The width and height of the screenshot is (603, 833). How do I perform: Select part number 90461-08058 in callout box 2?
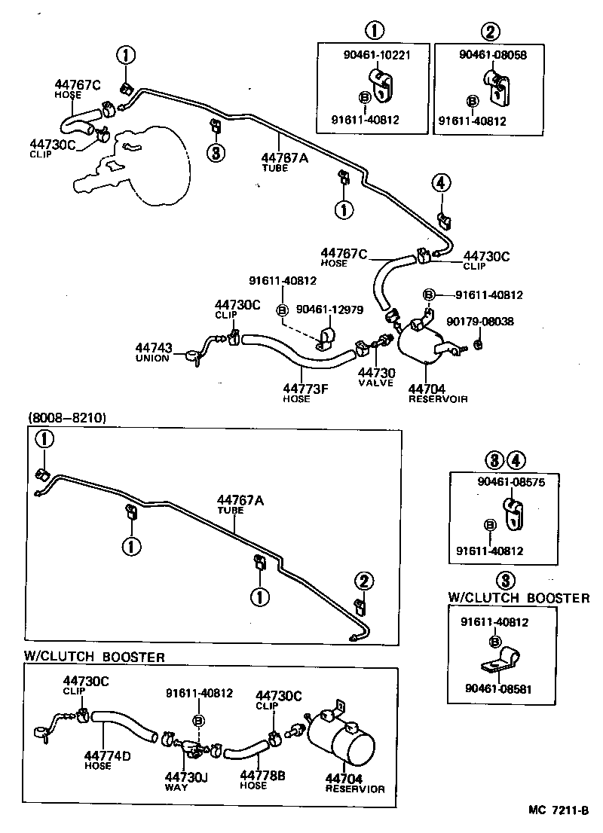tap(492, 55)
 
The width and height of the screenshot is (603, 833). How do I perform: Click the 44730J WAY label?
tap(185, 780)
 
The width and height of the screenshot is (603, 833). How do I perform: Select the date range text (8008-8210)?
tap(67, 417)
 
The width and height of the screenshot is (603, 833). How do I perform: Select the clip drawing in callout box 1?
tap(380, 85)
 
